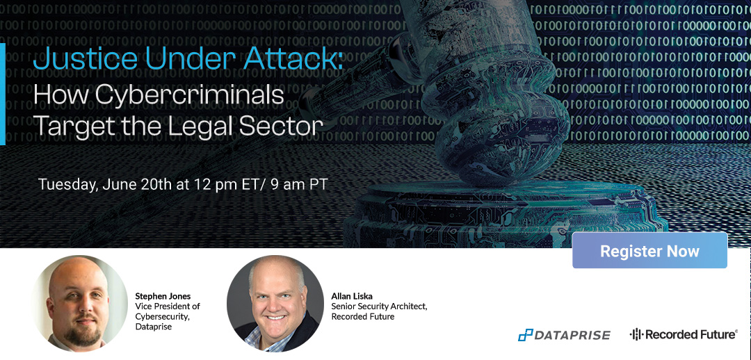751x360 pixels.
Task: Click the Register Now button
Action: pos(649,251)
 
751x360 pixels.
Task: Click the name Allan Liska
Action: pos(352,296)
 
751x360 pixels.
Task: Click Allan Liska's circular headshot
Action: pos(275,304)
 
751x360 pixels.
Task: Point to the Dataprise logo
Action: pos(564,335)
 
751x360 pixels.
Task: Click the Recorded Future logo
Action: pos(684,334)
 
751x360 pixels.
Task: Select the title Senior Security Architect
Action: pos(379,306)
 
